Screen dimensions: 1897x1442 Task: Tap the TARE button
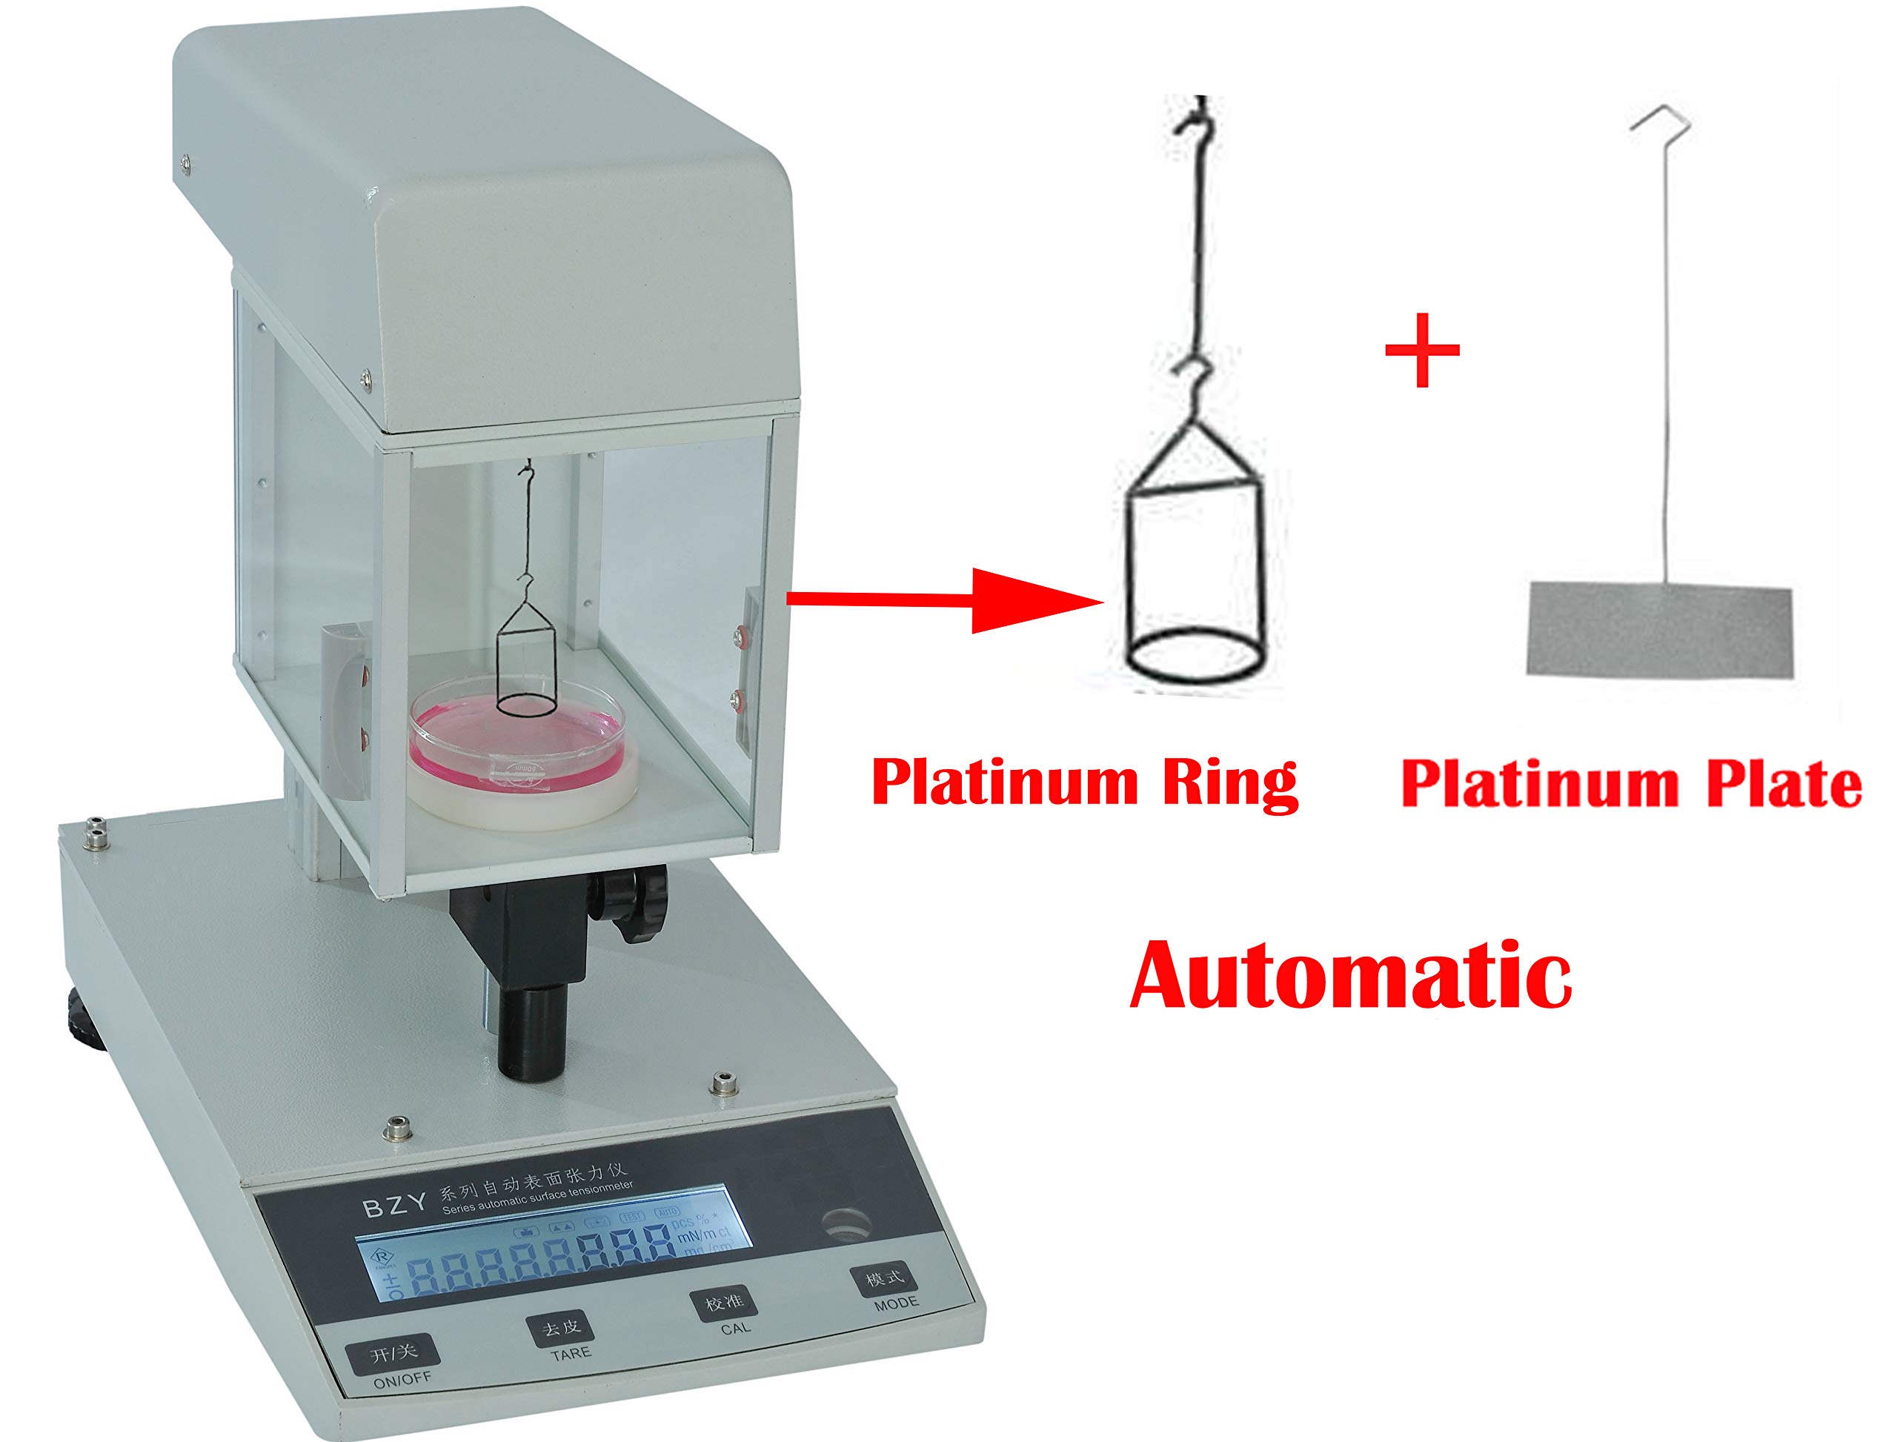[x=559, y=1329]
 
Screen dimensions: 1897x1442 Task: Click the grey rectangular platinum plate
[x=1659, y=630]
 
